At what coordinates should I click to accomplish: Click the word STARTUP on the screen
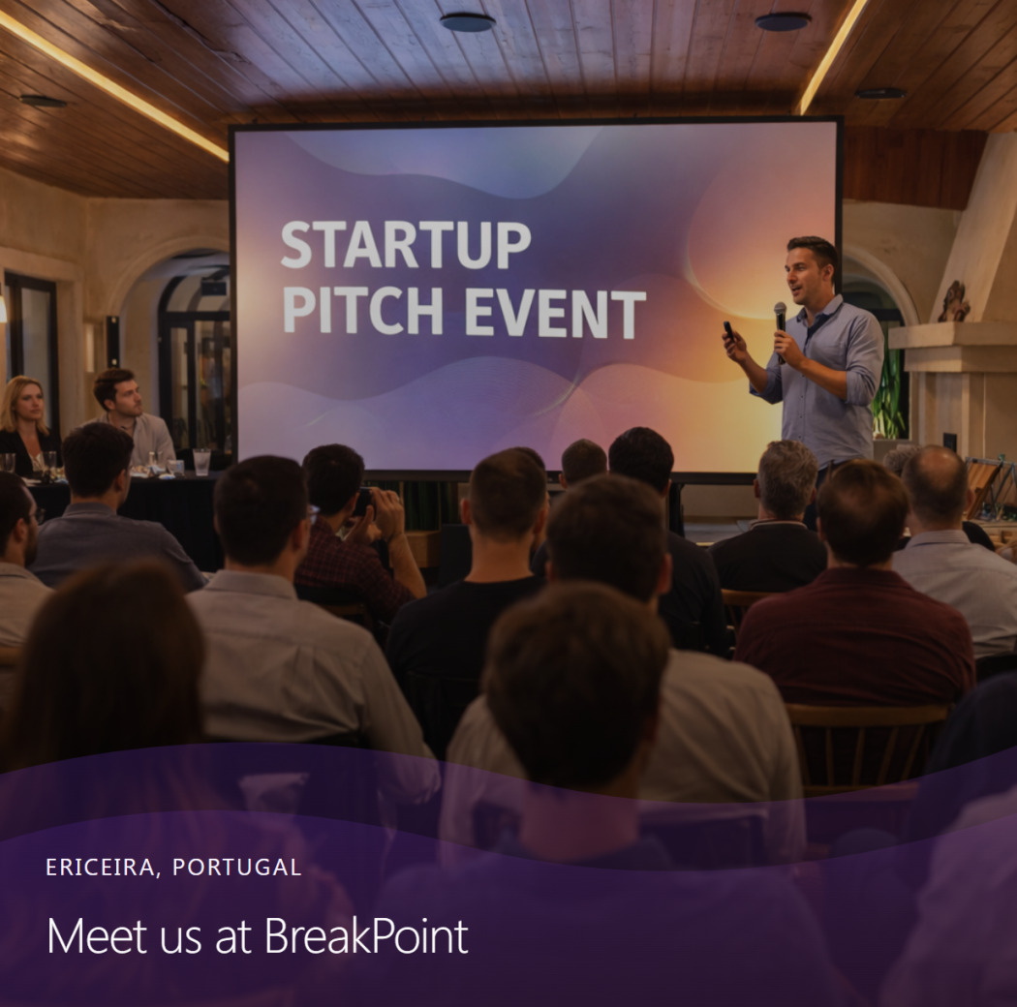[x=406, y=245]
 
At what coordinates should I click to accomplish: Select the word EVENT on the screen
[x=555, y=315]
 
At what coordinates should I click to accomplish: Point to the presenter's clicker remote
[x=729, y=331]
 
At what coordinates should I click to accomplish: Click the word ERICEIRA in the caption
[x=100, y=867]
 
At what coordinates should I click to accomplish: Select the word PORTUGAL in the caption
[x=236, y=867]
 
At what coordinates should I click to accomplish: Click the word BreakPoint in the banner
[x=366, y=935]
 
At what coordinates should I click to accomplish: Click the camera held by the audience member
[x=363, y=502]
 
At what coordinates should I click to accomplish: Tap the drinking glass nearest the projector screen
[x=201, y=462]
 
